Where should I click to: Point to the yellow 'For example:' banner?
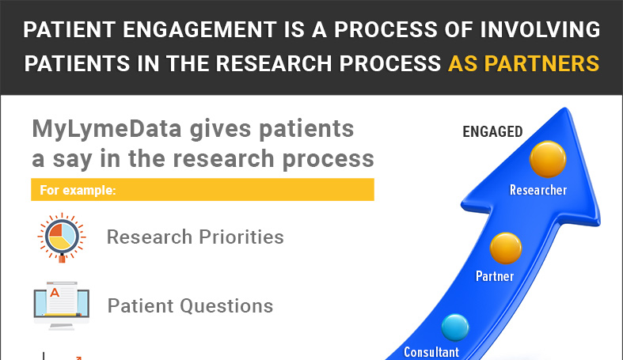click(202, 190)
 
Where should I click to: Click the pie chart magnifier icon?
click(58, 237)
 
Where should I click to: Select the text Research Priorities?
click(195, 237)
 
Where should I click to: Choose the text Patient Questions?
click(190, 305)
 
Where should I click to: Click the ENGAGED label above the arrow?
click(492, 132)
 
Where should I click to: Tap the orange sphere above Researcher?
click(547, 158)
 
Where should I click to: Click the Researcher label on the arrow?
click(538, 190)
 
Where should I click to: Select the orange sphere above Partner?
click(506, 248)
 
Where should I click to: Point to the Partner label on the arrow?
click(495, 276)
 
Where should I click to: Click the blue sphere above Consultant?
click(455, 327)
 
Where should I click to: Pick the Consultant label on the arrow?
click(431, 352)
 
